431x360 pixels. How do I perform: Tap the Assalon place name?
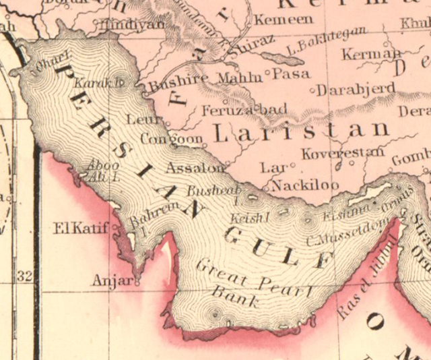[194, 167]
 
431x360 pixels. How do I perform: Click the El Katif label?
[81, 229]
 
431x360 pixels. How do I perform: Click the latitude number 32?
[26, 276]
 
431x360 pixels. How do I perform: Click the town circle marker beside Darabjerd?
[312, 90]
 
